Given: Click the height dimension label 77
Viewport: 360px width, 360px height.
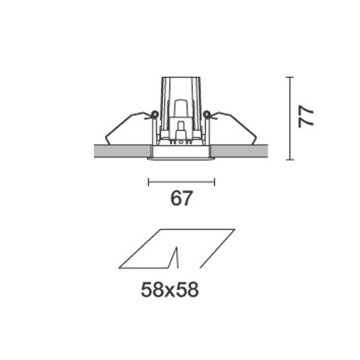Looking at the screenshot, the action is point(306,117).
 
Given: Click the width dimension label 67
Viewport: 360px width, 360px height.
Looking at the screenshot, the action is point(182,198).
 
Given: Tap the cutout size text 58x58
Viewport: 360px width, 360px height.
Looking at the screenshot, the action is point(170,290).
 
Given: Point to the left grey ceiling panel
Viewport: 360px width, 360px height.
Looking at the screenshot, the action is point(123,151).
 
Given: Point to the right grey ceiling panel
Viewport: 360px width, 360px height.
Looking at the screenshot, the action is point(239,151).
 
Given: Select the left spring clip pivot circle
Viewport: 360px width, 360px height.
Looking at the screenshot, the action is point(154,114).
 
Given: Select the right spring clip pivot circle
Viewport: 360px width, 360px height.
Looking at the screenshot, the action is point(207,114).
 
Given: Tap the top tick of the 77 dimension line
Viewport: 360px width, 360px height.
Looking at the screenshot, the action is point(290,77).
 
